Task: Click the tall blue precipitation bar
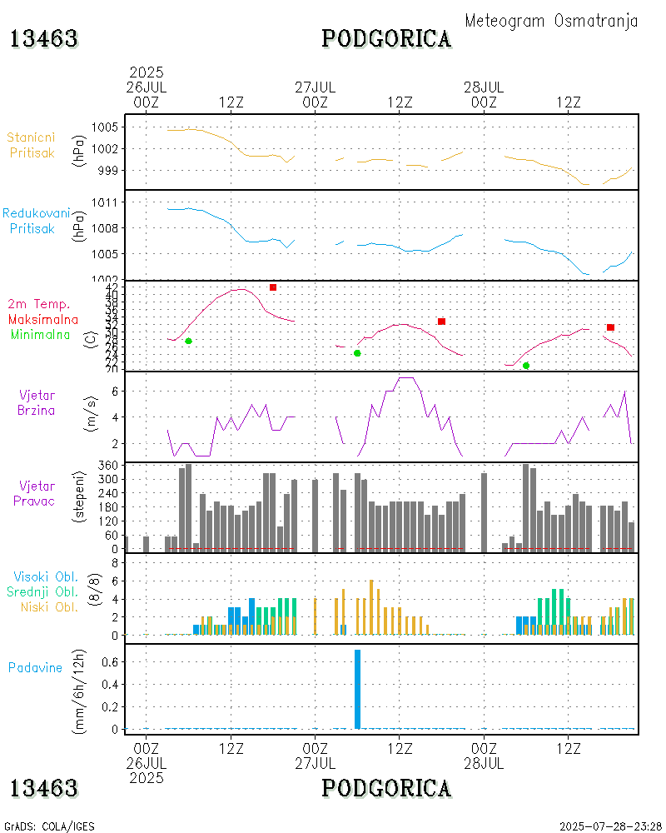pyautogui.click(x=357, y=689)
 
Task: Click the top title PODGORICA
pyautogui.click(x=386, y=38)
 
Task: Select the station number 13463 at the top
pyautogui.click(x=44, y=38)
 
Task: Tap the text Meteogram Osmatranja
pyautogui.click(x=551, y=21)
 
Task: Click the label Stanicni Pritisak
pyautogui.click(x=32, y=145)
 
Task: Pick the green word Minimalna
pyautogui.click(x=40, y=334)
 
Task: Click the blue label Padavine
pyautogui.click(x=35, y=667)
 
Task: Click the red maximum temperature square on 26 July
pyautogui.click(x=273, y=287)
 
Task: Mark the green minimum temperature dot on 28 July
pyautogui.click(x=526, y=366)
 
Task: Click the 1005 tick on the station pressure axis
pyautogui.click(x=105, y=127)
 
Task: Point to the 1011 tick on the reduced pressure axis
pyautogui.click(x=105, y=202)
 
